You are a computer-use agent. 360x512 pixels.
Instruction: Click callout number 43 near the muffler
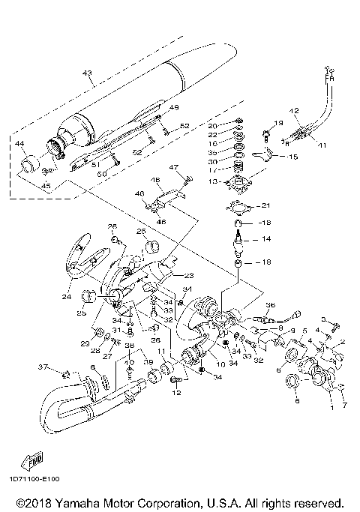click(87, 73)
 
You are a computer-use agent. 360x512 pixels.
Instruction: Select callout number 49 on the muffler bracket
click(174, 108)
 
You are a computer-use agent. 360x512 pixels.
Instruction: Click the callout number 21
click(264, 206)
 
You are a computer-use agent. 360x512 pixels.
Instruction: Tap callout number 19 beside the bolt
click(277, 123)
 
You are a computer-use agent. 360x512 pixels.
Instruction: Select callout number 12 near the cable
click(294, 110)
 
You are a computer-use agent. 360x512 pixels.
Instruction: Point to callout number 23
click(188, 275)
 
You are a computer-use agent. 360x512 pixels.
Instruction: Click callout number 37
click(43, 367)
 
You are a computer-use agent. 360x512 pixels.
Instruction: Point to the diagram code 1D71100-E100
click(35, 478)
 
